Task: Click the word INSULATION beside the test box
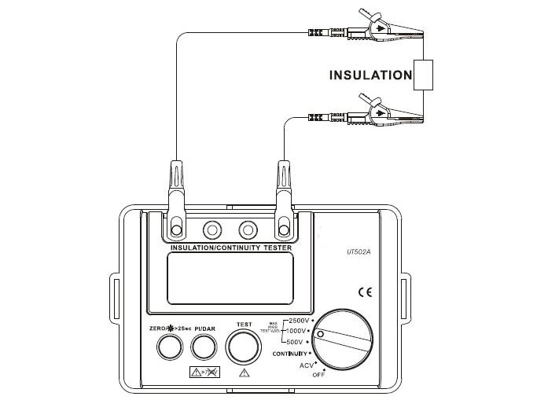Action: [x=370, y=75]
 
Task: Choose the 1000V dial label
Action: [x=298, y=332]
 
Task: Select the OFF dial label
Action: [x=318, y=376]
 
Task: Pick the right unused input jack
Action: [x=248, y=230]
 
